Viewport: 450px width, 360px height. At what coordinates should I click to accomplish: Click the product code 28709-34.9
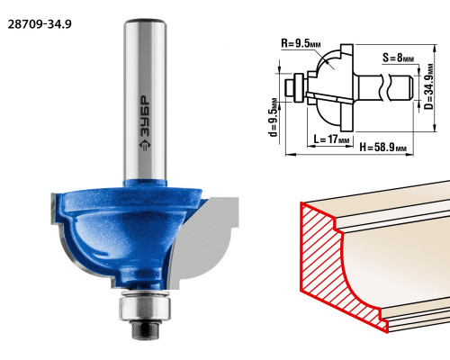40,24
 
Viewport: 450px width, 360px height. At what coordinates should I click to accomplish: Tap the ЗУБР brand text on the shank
146,116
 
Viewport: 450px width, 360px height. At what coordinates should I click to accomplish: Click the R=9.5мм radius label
301,43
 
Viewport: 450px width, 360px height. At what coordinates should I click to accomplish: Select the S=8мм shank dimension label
398,58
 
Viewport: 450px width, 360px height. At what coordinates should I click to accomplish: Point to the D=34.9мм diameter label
429,86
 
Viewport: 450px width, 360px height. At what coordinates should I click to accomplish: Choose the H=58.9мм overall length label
383,148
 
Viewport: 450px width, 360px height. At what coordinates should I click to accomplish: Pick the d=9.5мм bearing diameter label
274,117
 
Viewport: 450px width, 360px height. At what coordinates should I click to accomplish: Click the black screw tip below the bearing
145,330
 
